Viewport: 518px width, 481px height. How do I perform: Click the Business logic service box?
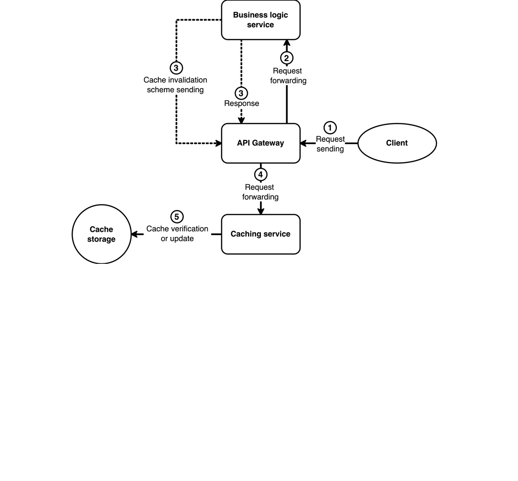coord(260,20)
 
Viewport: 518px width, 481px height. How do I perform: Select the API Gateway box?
coord(260,143)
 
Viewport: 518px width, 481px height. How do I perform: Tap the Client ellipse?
coord(397,143)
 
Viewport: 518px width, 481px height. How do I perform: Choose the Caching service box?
coord(260,234)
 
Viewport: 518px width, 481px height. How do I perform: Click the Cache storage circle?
coord(101,234)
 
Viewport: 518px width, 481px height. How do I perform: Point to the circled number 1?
coord(330,128)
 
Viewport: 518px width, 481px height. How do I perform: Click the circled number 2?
coord(287,58)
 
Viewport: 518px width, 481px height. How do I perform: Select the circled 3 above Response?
coord(241,93)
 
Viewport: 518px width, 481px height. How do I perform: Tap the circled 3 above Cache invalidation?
coord(176,68)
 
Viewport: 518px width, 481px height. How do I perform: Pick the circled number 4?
coord(260,174)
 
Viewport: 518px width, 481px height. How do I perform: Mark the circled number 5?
coord(177,217)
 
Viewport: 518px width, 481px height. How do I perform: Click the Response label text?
coord(241,104)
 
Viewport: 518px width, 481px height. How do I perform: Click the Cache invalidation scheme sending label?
coord(175,85)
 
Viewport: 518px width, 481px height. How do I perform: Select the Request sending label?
coord(330,144)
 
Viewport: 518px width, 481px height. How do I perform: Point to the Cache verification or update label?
coord(177,234)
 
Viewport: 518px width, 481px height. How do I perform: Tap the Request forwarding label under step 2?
coord(288,76)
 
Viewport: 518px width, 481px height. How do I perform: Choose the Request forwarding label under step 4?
coord(260,192)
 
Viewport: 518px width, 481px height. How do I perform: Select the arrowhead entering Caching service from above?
coord(260,211)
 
